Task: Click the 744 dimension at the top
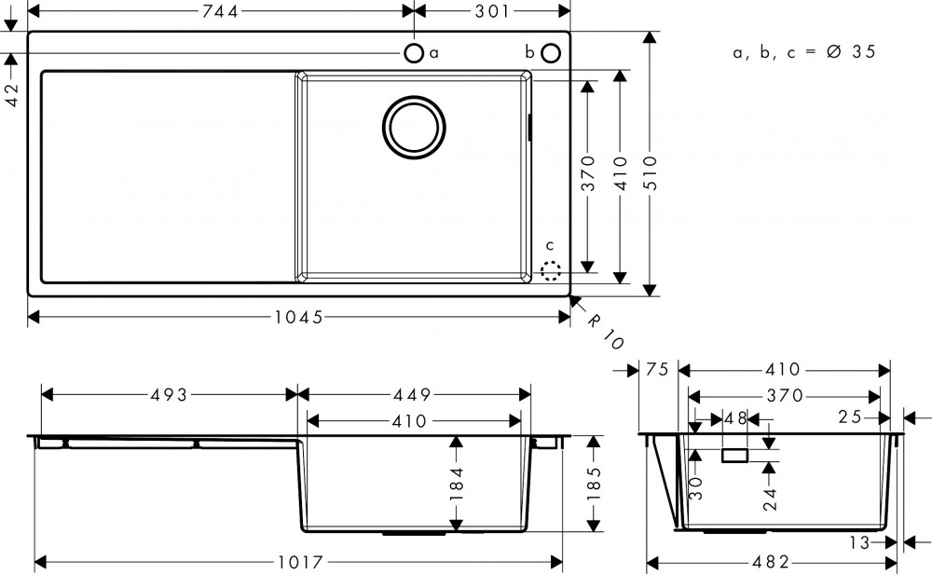point(221,11)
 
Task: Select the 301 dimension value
point(491,11)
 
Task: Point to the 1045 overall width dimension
point(298,317)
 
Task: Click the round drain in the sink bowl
point(415,126)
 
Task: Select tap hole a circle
point(415,51)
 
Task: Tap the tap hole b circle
point(552,51)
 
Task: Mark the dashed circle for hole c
point(551,270)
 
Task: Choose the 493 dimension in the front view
point(170,395)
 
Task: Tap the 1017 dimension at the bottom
point(300,562)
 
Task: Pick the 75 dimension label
point(657,370)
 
